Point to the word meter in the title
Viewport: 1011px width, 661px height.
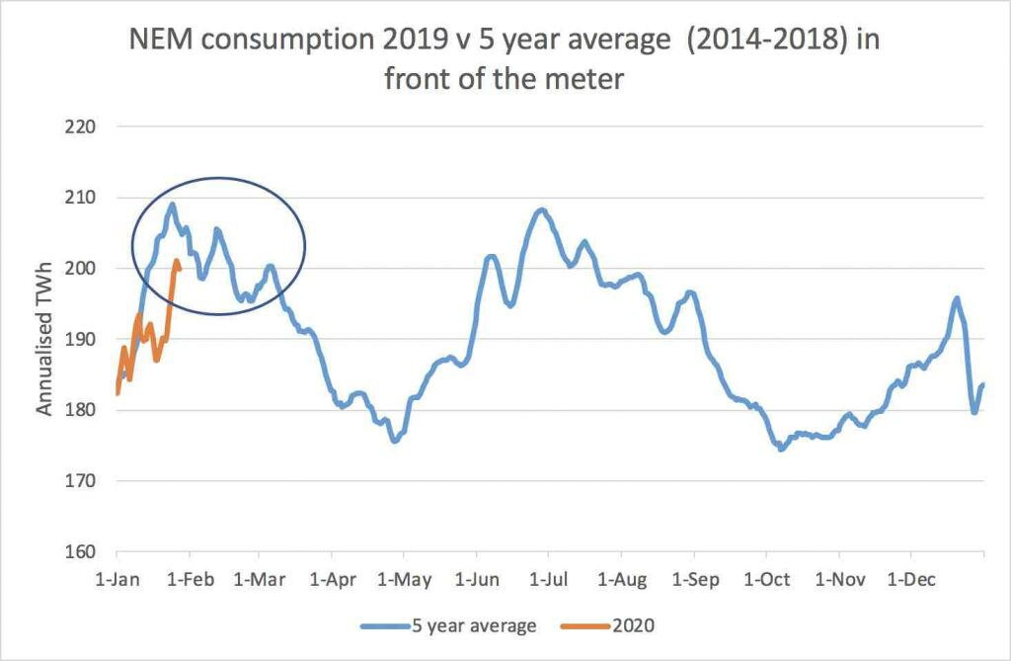click(x=583, y=78)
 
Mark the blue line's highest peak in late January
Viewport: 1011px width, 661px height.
click(x=172, y=205)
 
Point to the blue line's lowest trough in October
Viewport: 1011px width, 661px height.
click(x=781, y=450)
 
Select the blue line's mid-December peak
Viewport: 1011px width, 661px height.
click(x=956, y=297)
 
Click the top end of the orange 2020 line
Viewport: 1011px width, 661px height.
click(x=176, y=261)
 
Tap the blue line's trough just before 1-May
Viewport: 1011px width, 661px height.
click(x=394, y=441)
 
